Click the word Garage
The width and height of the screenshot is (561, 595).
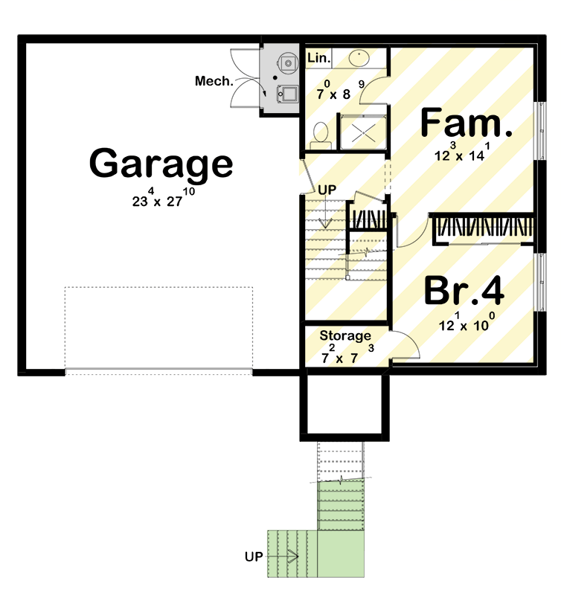(161, 164)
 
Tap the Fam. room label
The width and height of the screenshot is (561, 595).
(467, 123)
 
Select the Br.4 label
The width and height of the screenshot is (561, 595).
(464, 291)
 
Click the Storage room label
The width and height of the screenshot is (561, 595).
(345, 335)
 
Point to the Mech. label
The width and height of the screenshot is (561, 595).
(214, 81)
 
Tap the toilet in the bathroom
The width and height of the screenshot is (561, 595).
(321, 134)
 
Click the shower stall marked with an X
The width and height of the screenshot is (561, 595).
(363, 132)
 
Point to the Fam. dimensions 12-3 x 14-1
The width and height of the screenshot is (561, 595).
(464, 155)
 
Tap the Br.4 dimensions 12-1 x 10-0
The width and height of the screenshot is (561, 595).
(464, 324)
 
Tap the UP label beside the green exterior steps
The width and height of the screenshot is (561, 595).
(254, 556)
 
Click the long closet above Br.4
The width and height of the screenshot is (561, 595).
(484, 228)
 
